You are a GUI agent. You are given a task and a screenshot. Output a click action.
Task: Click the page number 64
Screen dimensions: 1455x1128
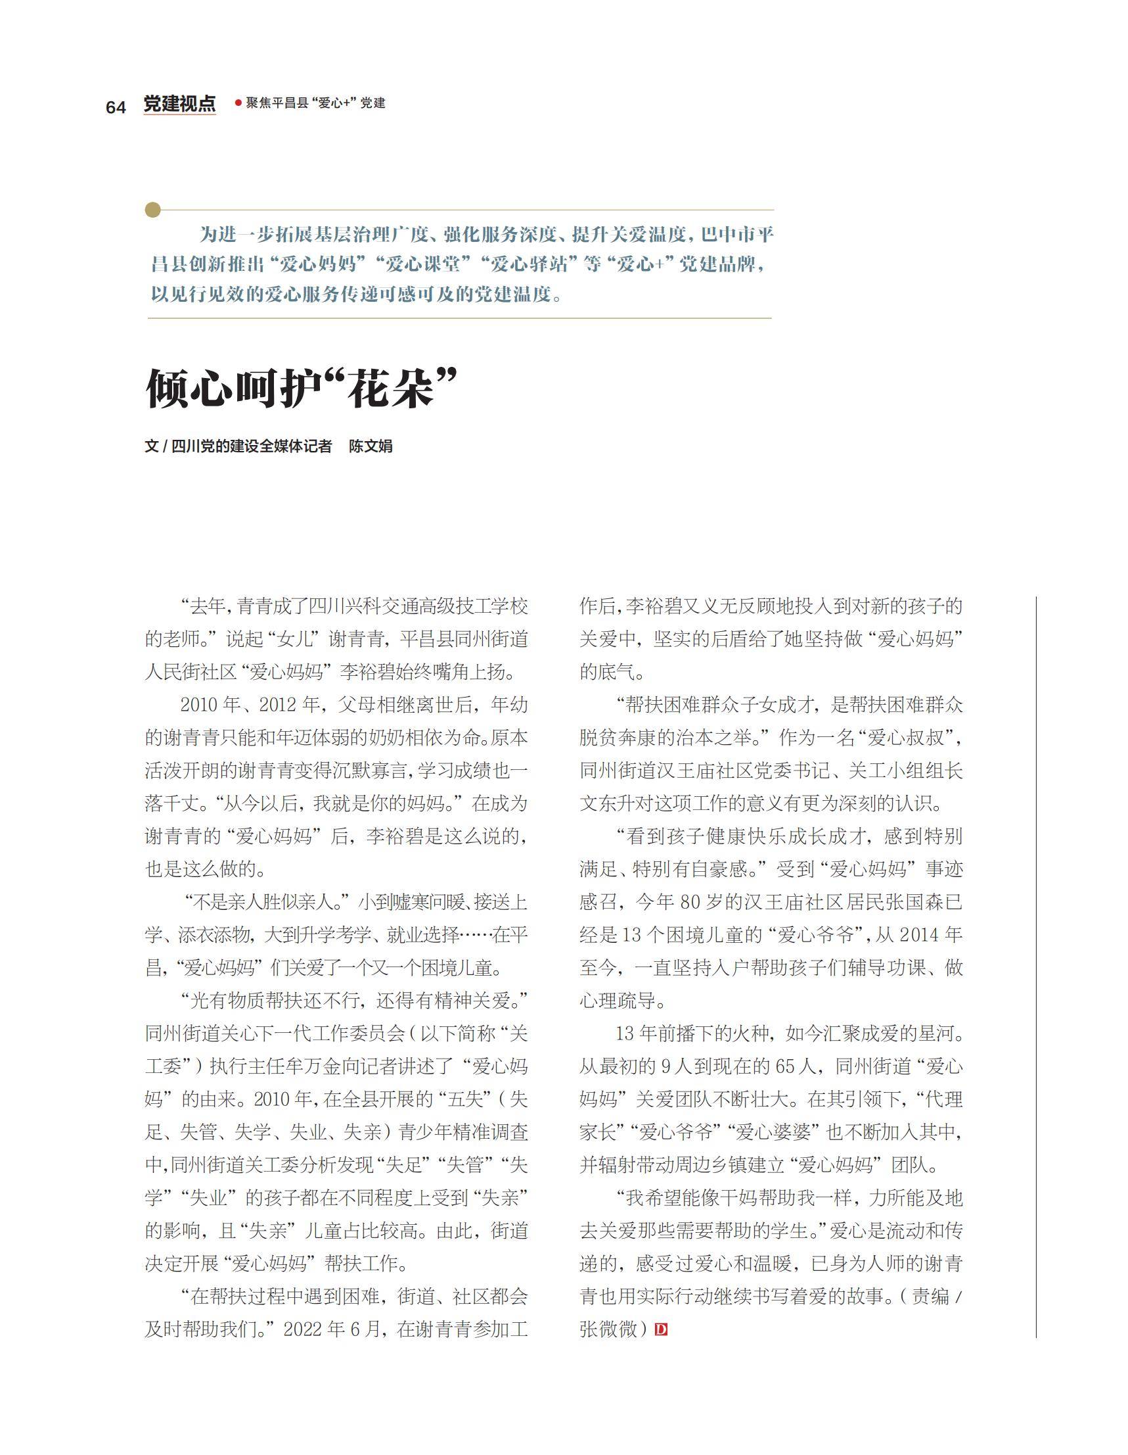115,107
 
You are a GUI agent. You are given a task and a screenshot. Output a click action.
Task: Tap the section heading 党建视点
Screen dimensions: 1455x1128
180,104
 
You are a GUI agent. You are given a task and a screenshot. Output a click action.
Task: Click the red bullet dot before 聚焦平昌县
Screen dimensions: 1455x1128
238,103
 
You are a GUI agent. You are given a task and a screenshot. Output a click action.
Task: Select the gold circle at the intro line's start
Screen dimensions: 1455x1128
153,210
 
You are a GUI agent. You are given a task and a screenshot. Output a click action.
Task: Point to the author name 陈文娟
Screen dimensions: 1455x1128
371,446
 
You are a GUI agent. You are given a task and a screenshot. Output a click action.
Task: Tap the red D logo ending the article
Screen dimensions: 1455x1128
661,1329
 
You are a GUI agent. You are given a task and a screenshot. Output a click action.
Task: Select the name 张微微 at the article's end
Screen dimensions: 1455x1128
608,1329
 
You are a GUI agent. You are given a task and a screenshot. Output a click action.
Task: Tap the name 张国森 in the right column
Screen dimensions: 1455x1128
921,903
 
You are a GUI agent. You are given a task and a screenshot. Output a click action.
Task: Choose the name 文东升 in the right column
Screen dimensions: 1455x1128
606,804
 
